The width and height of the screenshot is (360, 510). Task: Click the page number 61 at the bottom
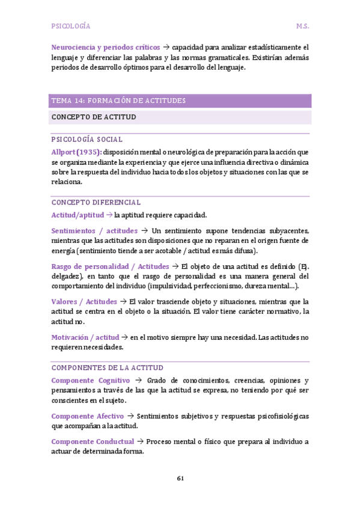coord(180,478)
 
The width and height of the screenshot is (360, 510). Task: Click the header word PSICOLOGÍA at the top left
coord(71,26)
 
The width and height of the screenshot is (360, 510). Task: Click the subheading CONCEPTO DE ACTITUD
coord(93,117)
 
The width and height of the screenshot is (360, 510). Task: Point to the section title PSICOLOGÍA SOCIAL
coord(87,140)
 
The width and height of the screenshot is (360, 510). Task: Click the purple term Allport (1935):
coord(76,152)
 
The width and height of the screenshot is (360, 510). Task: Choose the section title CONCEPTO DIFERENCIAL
coord(96,203)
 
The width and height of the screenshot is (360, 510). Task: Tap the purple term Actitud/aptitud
coord(78,215)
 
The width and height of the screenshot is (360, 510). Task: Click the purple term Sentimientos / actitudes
coord(94,231)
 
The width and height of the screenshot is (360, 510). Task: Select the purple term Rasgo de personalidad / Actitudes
coord(110,266)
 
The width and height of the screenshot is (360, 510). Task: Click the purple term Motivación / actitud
coord(85,337)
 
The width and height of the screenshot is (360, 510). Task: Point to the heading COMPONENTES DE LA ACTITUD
coord(108,367)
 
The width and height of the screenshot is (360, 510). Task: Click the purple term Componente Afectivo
coord(88,416)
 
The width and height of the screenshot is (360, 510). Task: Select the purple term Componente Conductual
coord(93,441)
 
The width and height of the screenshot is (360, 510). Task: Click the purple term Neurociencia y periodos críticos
coord(106,47)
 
